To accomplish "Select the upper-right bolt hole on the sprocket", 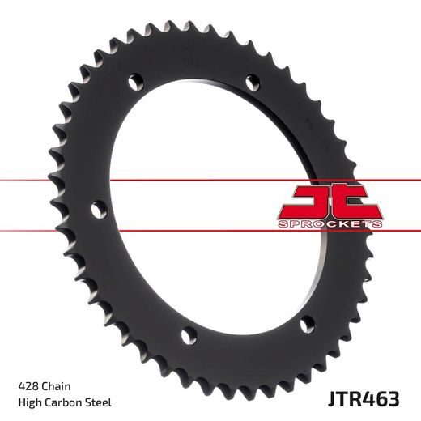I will (x=252, y=81).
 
